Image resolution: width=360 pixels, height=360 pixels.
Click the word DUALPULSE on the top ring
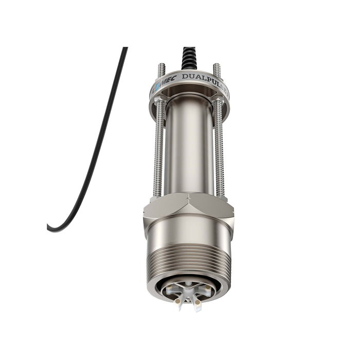(203, 79)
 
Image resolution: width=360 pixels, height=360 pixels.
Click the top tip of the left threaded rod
(161, 65)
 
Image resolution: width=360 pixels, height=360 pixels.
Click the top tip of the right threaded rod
(217, 65)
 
